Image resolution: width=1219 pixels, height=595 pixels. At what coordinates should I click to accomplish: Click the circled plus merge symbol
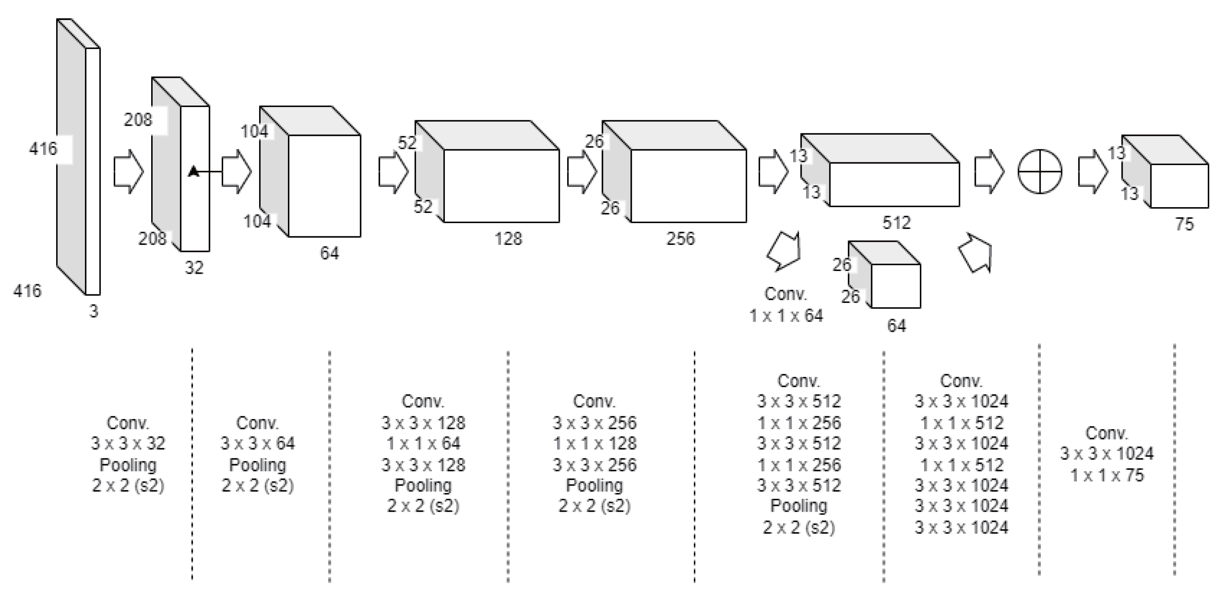pos(1040,172)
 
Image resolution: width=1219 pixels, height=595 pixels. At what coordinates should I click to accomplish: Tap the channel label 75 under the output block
pos(1184,224)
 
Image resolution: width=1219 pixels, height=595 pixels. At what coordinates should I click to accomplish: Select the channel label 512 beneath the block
pos(896,223)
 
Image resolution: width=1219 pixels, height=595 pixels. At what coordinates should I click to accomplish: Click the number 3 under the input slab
pos(94,311)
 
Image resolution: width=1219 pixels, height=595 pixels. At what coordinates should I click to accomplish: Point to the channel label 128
pos(508,239)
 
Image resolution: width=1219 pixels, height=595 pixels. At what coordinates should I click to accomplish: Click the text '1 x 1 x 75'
pos(1107,475)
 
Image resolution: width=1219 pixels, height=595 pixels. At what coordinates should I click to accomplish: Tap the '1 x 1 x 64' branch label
pos(786,315)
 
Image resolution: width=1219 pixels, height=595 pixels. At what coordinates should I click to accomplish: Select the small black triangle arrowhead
pos(193,171)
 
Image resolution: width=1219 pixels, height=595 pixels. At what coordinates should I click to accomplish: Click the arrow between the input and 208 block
pos(128,172)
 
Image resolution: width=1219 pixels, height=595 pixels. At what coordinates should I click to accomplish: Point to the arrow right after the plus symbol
pos(1093,172)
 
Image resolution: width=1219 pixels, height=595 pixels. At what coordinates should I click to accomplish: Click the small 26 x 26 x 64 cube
pos(884,274)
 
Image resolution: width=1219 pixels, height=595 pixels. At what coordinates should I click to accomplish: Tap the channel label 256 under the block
pos(681,239)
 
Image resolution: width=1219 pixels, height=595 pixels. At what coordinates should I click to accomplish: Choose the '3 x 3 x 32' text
pos(128,443)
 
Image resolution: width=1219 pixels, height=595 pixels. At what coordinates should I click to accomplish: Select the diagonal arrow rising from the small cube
pos(975,253)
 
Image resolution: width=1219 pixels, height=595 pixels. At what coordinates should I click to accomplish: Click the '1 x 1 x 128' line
pos(595,443)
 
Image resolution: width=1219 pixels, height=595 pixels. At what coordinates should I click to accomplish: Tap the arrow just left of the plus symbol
pos(989,172)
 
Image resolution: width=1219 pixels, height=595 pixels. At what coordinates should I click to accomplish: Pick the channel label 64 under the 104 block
pos(329,253)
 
